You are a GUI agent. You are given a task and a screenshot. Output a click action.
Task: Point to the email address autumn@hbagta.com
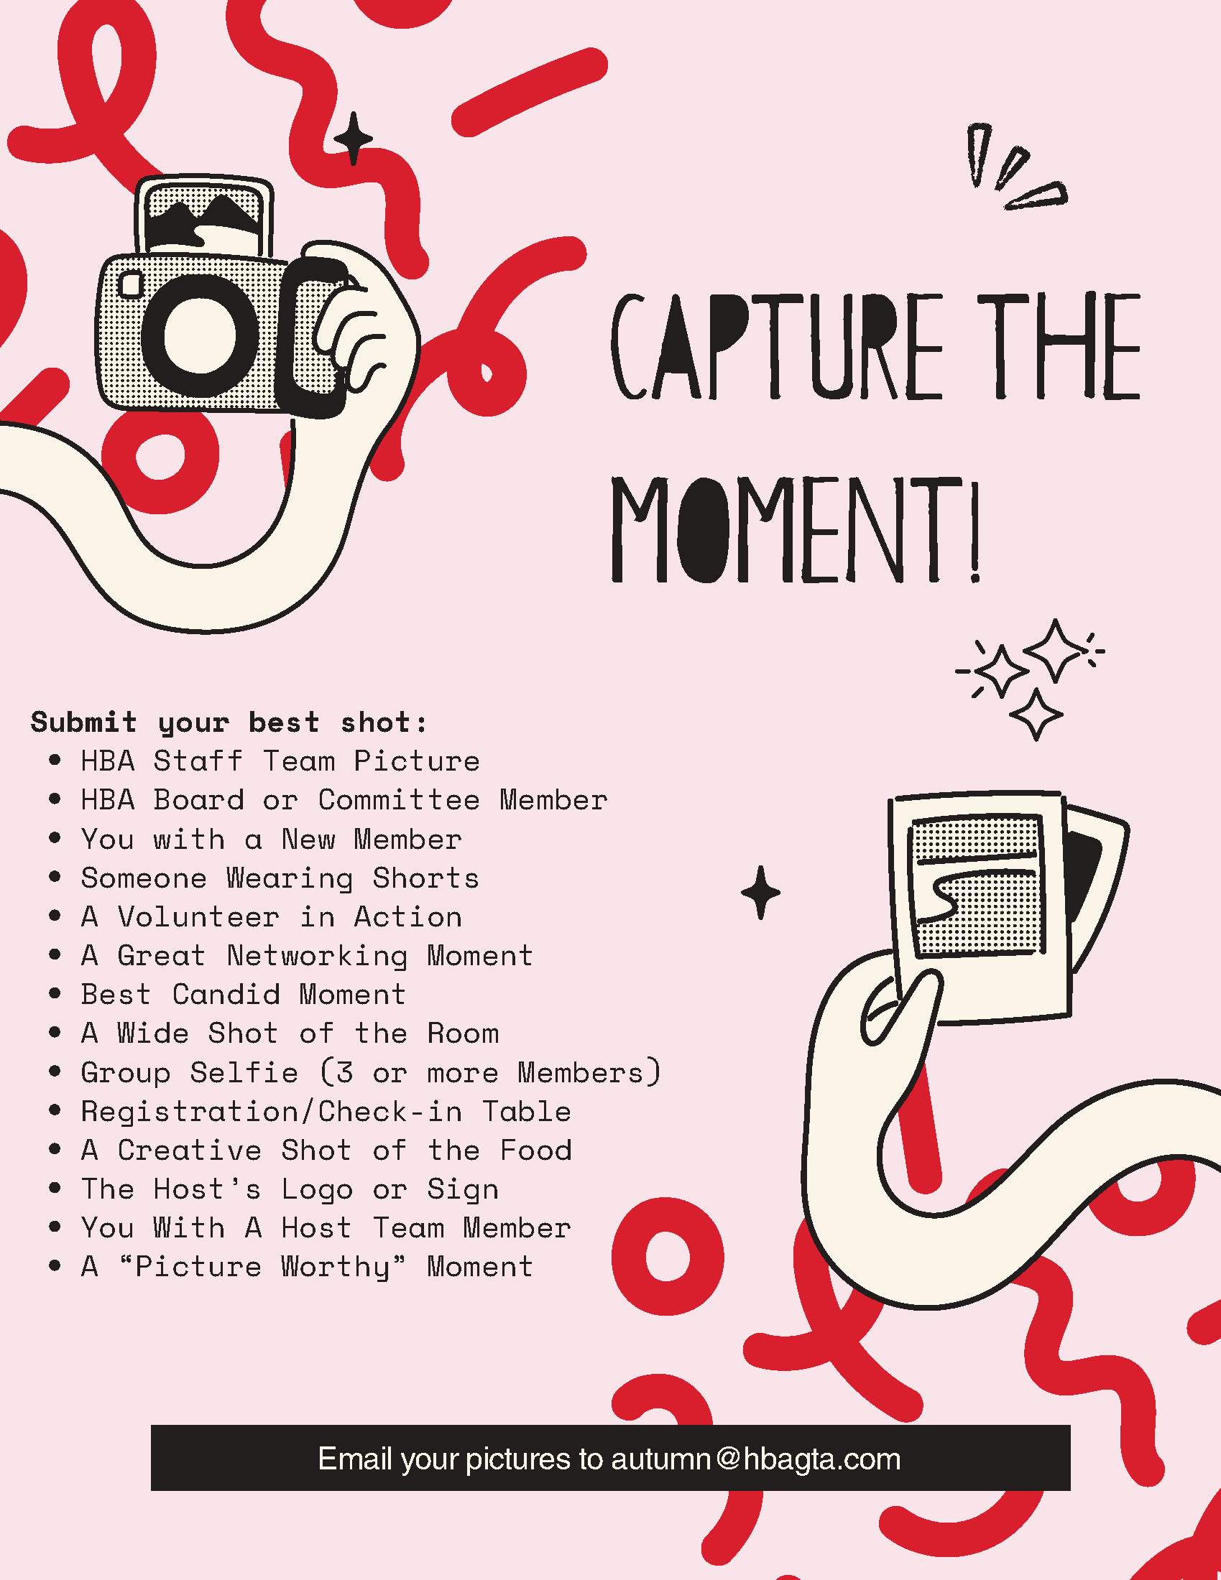click(x=755, y=1459)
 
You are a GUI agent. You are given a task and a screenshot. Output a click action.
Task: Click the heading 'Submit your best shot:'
click(x=229, y=722)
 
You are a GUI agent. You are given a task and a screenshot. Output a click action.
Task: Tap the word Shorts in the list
click(x=425, y=878)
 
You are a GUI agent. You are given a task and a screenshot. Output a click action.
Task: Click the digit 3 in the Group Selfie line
click(x=344, y=1072)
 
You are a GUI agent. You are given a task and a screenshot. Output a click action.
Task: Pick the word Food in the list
click(x=535, y=1151)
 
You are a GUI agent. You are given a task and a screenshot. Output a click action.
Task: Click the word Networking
click(x=317, y=957)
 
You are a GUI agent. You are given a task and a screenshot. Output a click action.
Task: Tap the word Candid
click(x=226, y=995)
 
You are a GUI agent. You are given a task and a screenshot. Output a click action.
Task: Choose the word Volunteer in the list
click(x=198, y=917)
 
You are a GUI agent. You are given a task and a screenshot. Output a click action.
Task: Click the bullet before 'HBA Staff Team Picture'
click(x=55, y=761)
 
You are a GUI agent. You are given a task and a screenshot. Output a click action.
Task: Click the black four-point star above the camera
click(x=353, y=138)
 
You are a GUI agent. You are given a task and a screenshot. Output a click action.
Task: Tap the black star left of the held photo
click(x=760, y=892)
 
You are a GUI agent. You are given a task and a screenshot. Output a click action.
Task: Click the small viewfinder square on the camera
click(x=132, y=284)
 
